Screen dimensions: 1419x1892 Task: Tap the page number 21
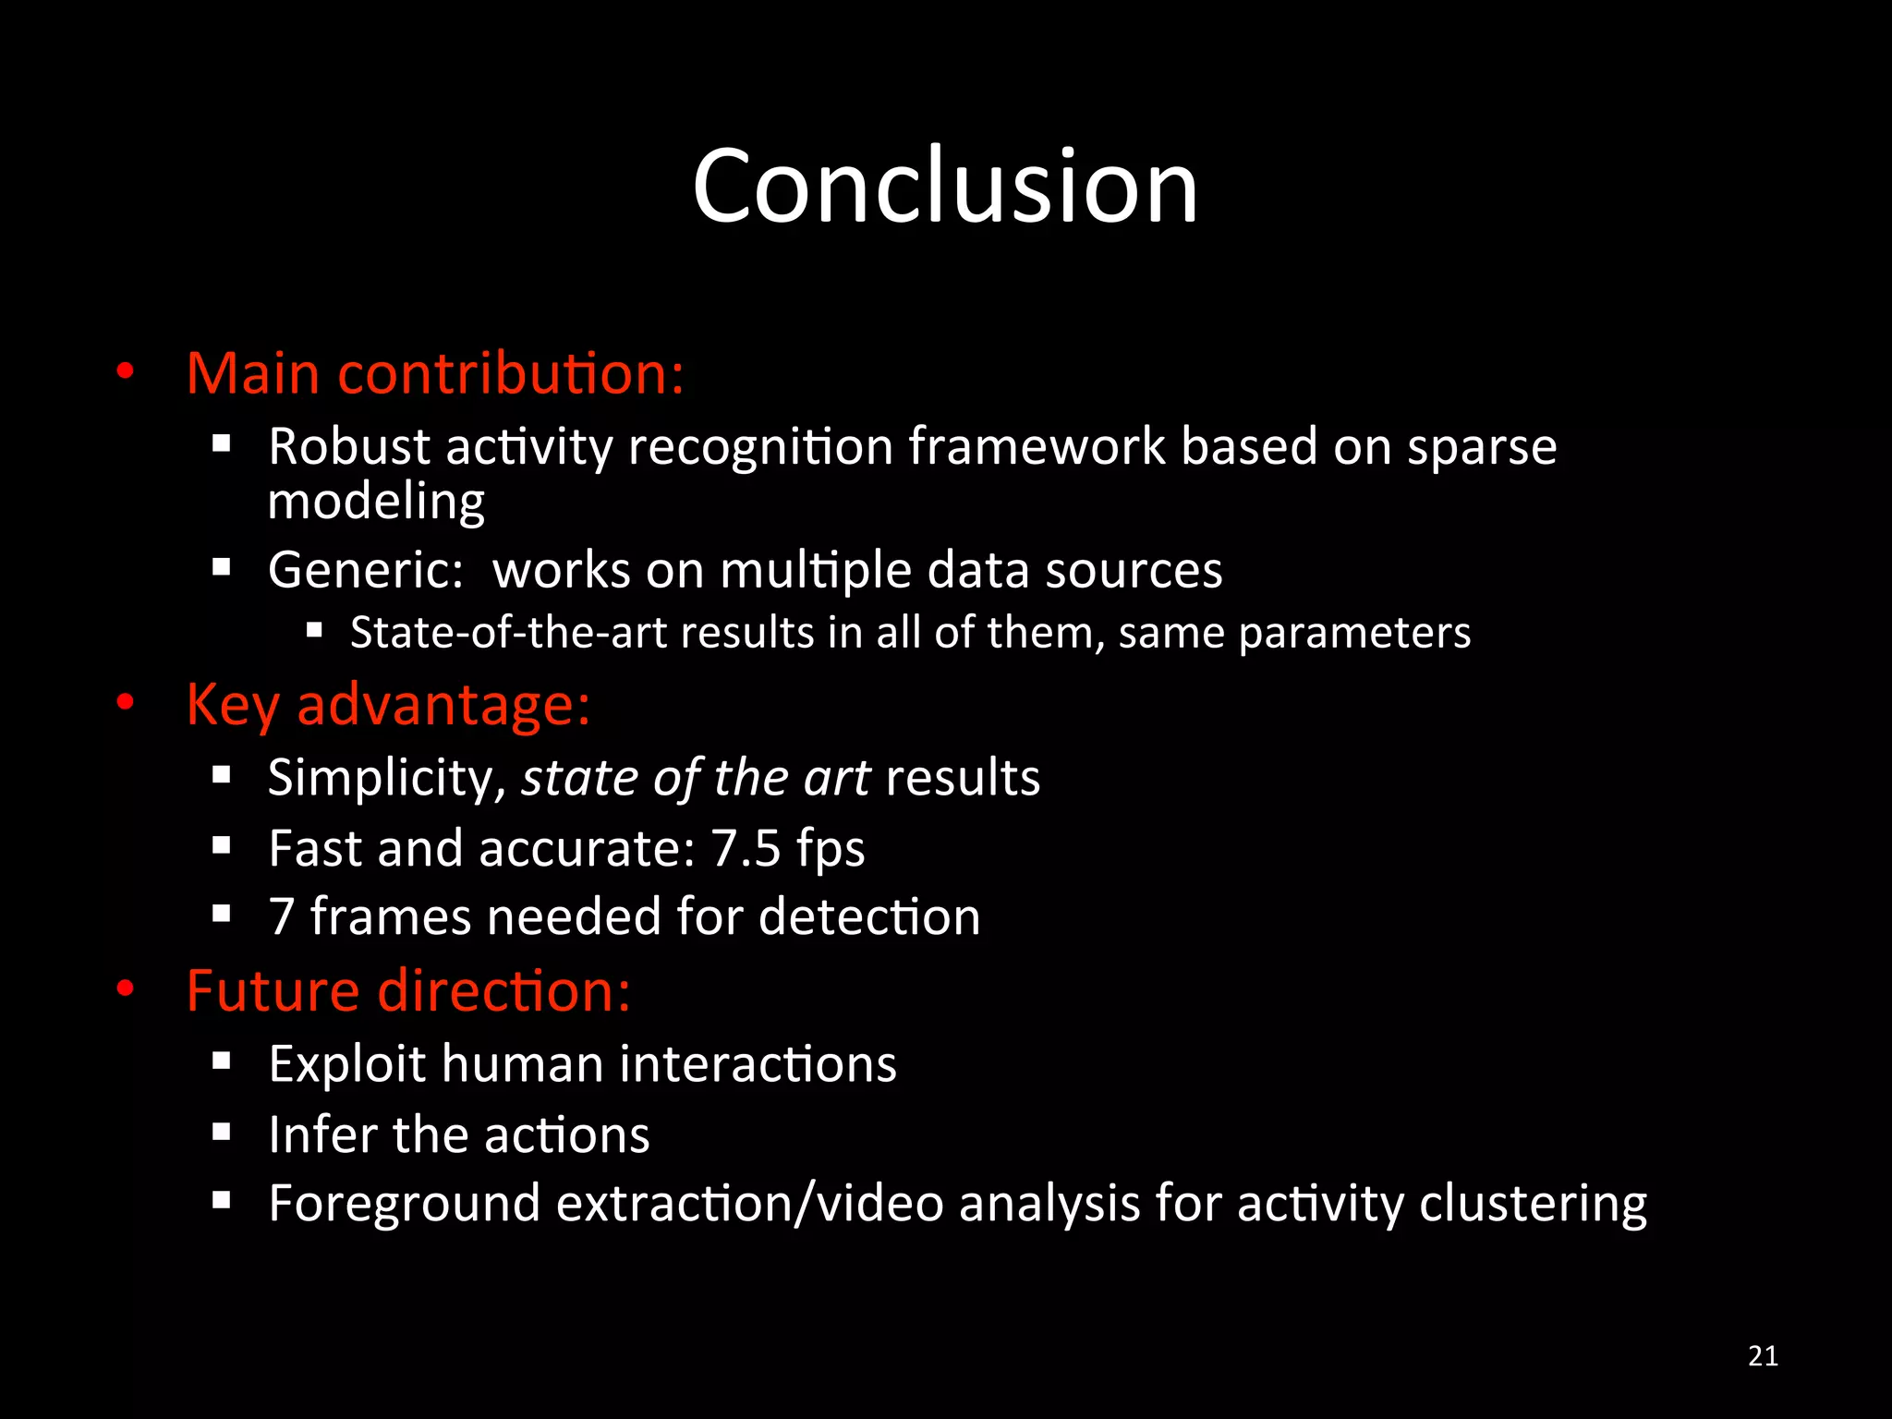[1763, 1355]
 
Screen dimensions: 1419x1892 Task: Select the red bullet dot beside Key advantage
[126, 703]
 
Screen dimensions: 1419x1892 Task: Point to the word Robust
[348, 447]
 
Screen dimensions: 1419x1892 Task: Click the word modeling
[375, 503]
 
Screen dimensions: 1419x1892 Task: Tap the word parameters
[1354, 634]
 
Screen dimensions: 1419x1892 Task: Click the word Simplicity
[386, 778]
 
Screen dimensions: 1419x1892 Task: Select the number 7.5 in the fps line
[746, 848]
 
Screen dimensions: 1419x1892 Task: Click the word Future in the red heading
[273, 990]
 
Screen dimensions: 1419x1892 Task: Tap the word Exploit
[346, 1064]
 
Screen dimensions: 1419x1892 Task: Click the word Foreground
[404, 1205]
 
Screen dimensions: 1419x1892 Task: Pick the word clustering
[1533, 1205]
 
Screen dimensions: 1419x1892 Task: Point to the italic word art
[837, 778]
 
